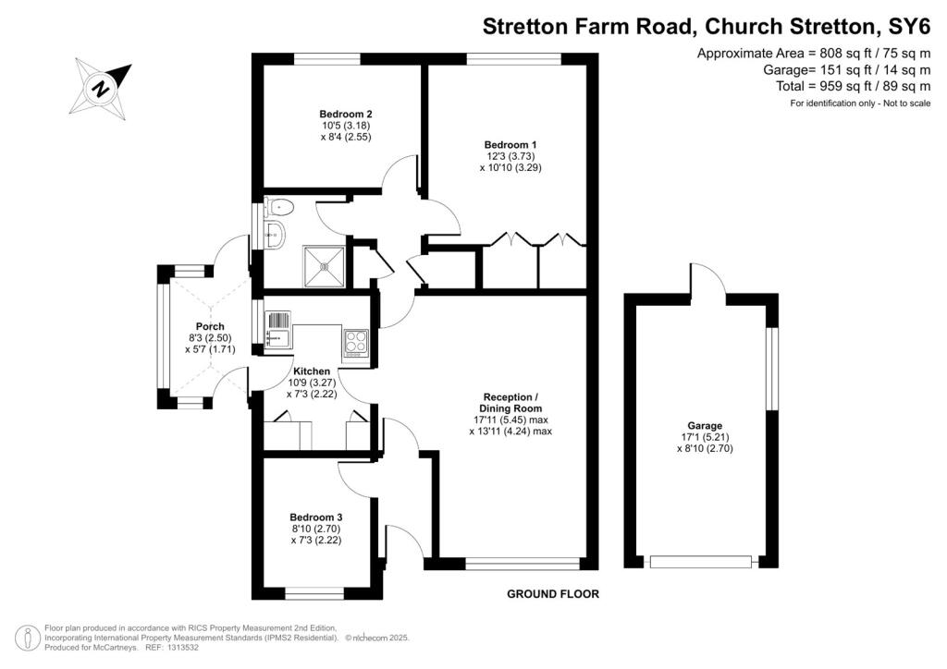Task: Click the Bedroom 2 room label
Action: click(346, 114)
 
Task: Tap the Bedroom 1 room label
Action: click(510, 145)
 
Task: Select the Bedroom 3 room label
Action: click(316, 517)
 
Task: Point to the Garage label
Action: click(705, 426)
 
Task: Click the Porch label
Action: click(210, 327)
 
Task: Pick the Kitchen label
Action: click(312, 371)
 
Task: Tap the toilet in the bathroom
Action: click(279, 208)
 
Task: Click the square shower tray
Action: click(325, 266)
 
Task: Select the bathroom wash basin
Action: click(275, 234)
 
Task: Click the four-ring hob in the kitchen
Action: click(356, 342)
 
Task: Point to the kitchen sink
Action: click(277, 329)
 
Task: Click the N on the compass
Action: click(101, 89)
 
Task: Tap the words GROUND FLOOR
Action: click(553, 594)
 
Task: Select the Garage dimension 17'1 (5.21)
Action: click(705, 437)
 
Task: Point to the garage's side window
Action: click(771, 369)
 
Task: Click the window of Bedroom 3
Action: click(314, 594)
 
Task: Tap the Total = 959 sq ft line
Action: click(853, 86)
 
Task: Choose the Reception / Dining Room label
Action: click(510, 402)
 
